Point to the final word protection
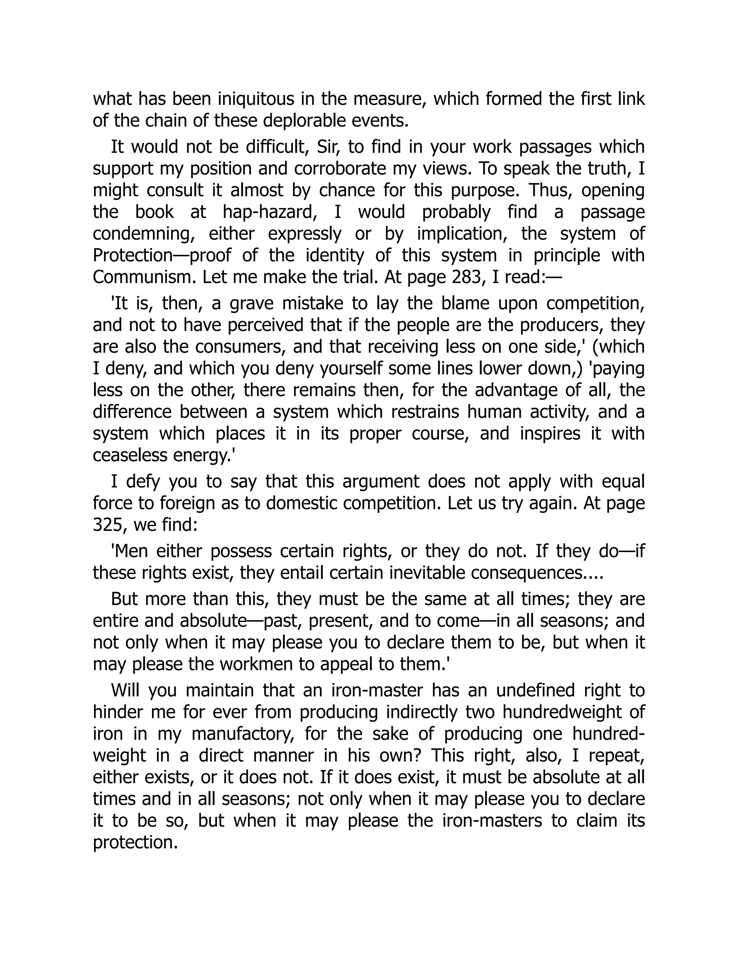coord(135,842)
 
